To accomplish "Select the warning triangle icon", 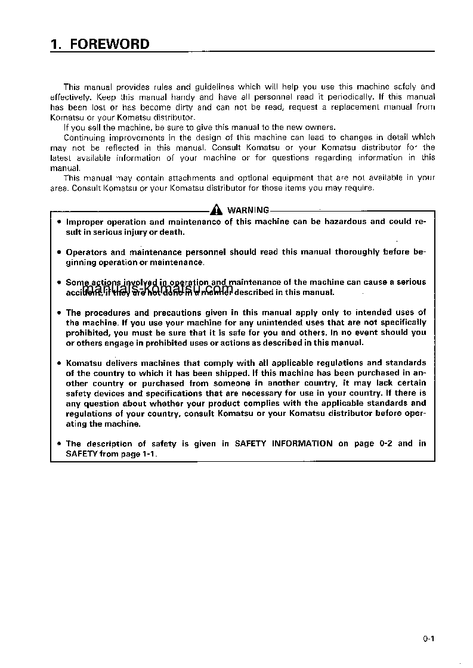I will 216,210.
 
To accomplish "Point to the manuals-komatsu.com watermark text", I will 157,288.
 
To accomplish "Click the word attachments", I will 193,178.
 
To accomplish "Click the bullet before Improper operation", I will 58,222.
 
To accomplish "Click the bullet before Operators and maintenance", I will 58,252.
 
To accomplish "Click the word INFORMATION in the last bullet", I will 302,443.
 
